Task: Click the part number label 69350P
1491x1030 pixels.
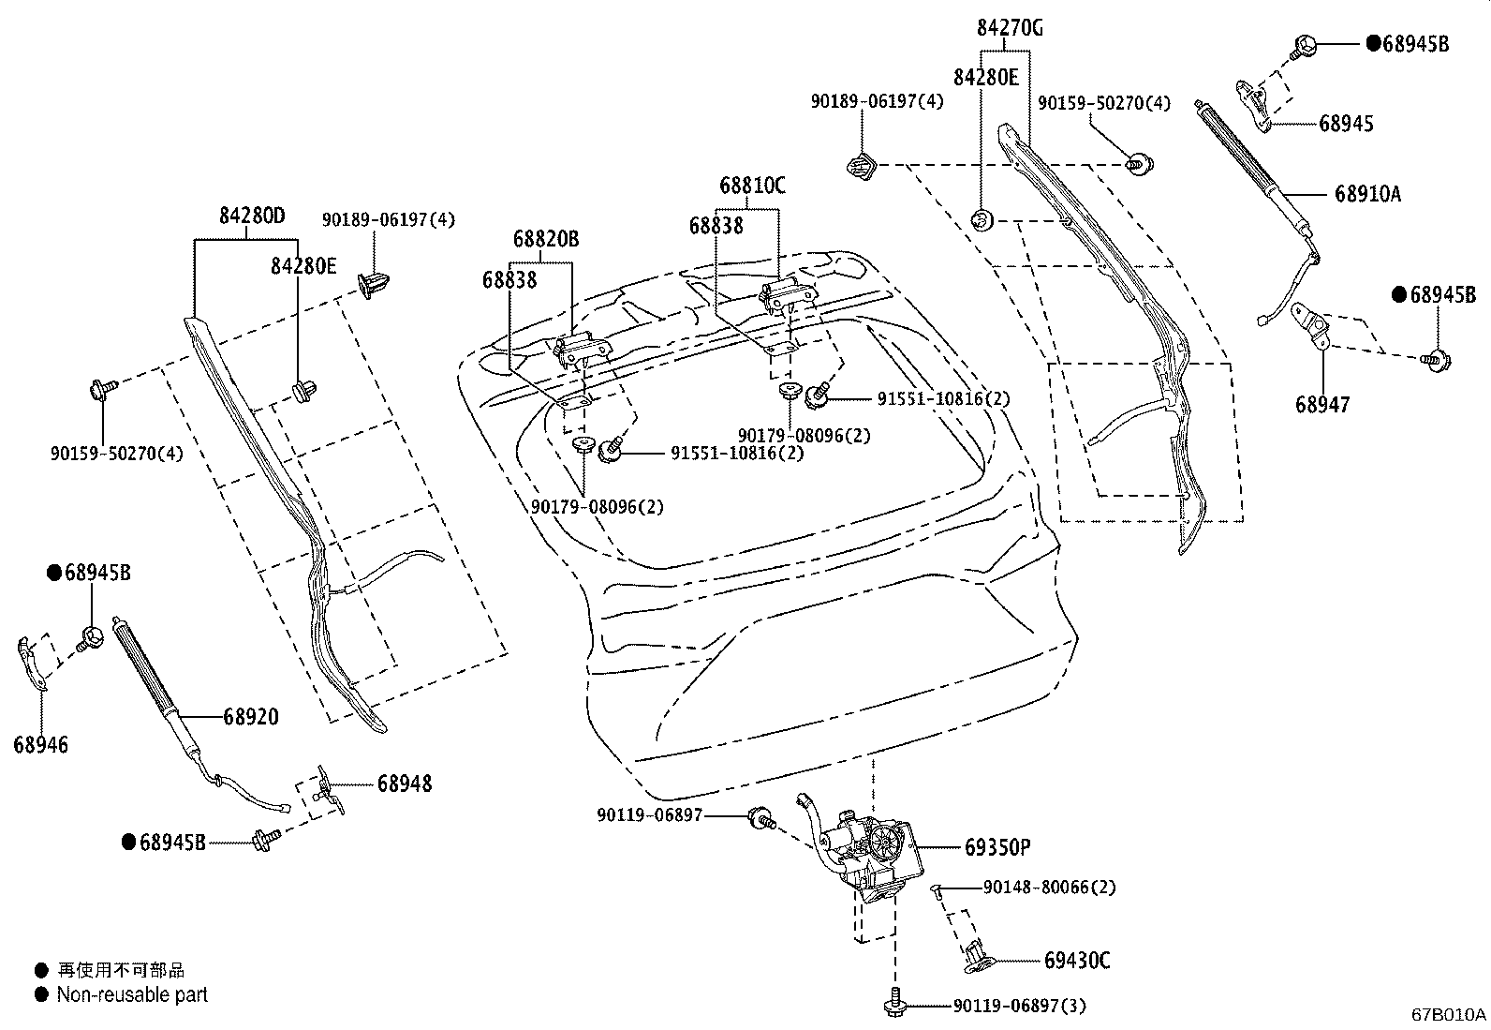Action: pyautogui.click(x=997, y=847)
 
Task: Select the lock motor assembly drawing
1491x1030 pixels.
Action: pyautogui.click(x=865, y=848)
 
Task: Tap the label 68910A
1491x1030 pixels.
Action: pyautogui.click(x=1367, y=194)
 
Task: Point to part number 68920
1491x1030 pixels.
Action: pyautogui.click(x=250, y=717)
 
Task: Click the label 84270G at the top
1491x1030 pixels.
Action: pyautogui.click(x=1010, y=28)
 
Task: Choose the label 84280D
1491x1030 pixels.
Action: pyautogui.click(x=252, y=216)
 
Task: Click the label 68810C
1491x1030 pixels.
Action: pyautogui.click(x=752, y=186)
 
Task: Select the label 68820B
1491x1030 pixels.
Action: pyautogui.click(x=545, y=239)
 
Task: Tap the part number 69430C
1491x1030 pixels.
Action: pyautogui.click(x=1077, y=961)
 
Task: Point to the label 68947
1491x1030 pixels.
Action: pyautogui.click(x=1322, y=404)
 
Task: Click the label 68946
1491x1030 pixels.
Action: pyautogui.click(x=40, y=745)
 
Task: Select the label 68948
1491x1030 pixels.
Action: pyautogui.click(x=405, y=784)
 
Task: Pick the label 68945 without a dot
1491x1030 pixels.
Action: pyautogui.click(x=1346, y=123)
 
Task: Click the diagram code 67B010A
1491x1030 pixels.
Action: pyautogui.click(x=1449, y=1014)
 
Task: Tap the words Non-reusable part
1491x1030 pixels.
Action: pyautogui.click(x=132, y=994)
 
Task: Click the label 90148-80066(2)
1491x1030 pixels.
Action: pyautogui.click(x=1049, y=887)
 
